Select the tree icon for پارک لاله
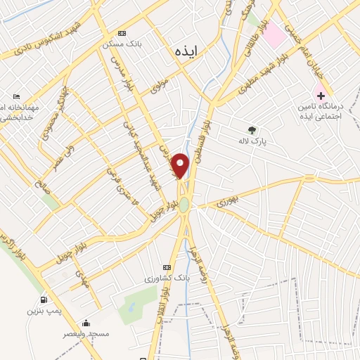click(x=252, y=129)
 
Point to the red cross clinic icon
click(x=321, y=95)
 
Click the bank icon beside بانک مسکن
click(x=122, y=33)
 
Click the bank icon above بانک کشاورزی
click(x=167, y=267)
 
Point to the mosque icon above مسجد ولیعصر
click(x=86, y=323)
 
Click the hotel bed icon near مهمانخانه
click(x=17, y=97)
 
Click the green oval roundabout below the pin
click(x=184, y=205)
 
